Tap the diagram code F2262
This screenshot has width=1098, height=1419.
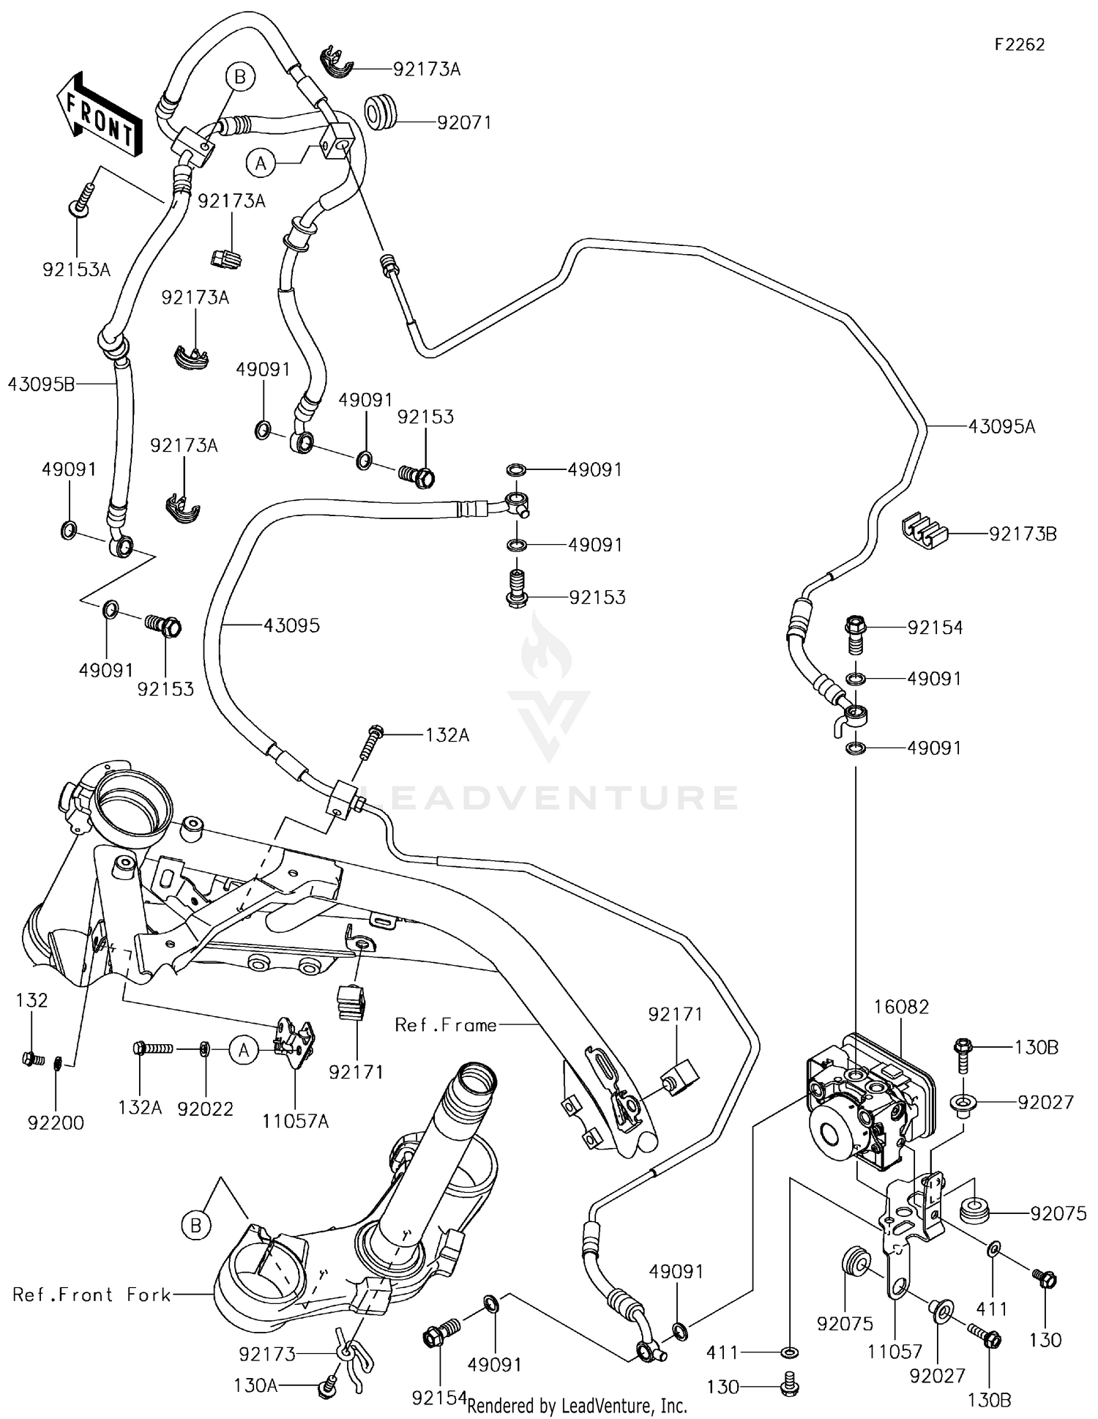click(x=1019, y=45)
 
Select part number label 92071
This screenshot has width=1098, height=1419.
click(x=464, y=122)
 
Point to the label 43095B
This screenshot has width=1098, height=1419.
click(x=41, y=384)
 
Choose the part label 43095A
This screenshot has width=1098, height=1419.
click(x=1001, y=426)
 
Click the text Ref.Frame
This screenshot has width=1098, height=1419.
click(x=446, y=1024)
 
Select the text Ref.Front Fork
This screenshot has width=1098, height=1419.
click(x=91, y=1294)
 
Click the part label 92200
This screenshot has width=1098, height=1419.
click(x=56, y=1122)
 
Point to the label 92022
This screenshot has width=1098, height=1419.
click(x=205, y=1109)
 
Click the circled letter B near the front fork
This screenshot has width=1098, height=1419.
click(x=195, y=1225)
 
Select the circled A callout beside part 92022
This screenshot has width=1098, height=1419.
click(x=244, y=1051)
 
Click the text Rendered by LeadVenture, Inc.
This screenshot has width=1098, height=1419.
click(x=577, y=1405)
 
